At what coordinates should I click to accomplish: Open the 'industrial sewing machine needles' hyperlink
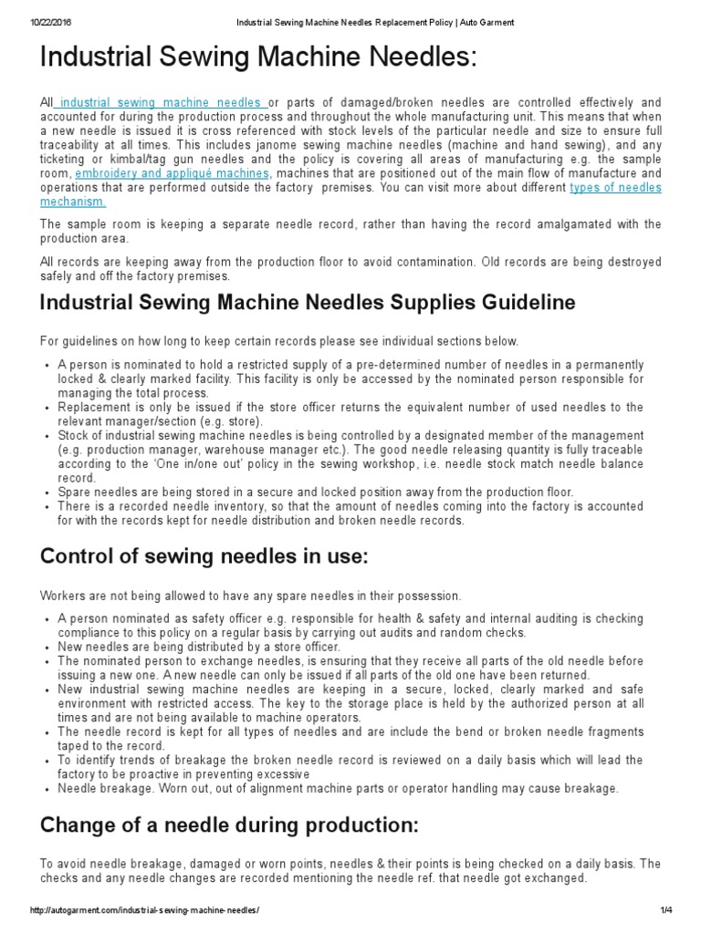162,103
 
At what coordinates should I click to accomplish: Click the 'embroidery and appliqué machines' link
172,172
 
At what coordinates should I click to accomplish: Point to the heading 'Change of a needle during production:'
229,825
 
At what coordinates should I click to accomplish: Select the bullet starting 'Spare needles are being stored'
315,492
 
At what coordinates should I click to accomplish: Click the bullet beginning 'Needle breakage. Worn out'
338,787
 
